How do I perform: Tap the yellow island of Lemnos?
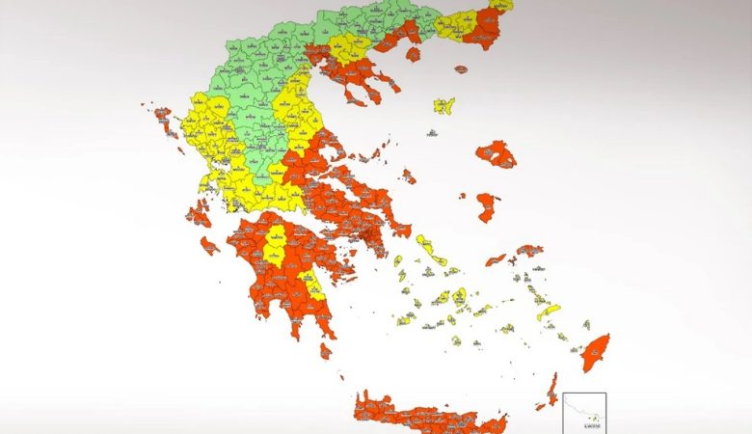443,105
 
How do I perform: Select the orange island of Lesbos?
496,153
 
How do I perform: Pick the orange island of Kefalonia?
199,214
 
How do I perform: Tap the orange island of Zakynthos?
209,245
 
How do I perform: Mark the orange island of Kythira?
326,351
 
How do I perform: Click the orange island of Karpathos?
551,391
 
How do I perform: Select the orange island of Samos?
529,251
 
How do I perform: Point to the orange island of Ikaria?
496,259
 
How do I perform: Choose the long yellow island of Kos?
549,312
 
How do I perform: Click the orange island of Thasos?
413,54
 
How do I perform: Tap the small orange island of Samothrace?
461,69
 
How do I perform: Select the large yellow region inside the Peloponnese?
276,247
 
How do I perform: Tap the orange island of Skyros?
409,176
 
